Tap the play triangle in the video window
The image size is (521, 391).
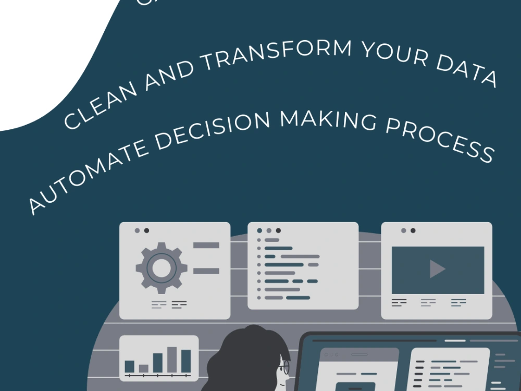tap(437, 268)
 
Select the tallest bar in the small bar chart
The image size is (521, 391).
tap(172, 360)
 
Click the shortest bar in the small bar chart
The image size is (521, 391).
tap(143, 368)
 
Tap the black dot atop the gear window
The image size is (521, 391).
tap(146, 230)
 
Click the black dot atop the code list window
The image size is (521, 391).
tap(278, 230)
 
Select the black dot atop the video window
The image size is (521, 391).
tap(413, 230)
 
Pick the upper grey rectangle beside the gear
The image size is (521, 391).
tap(206, 245)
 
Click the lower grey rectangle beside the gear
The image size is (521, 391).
tap(206, 271)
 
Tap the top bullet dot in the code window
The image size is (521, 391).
tap(259, 240)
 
